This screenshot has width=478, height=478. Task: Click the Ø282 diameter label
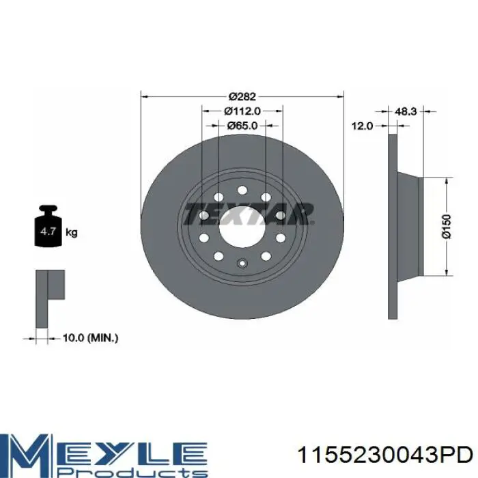pos(242,97)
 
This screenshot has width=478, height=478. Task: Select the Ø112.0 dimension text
pos(242,111)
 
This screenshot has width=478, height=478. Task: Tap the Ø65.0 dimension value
pos(242,126)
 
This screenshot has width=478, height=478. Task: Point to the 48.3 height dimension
pos(406,111)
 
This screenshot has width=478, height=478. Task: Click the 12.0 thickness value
pos(362,126)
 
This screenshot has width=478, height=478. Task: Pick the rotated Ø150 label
pos(446,227)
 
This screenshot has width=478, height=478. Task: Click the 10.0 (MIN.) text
pos(90,338)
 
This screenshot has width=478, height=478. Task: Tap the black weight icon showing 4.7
pos(48,226)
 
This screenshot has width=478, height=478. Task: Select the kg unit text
pos(72,233)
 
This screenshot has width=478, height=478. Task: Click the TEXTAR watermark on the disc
pos(249,213)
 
